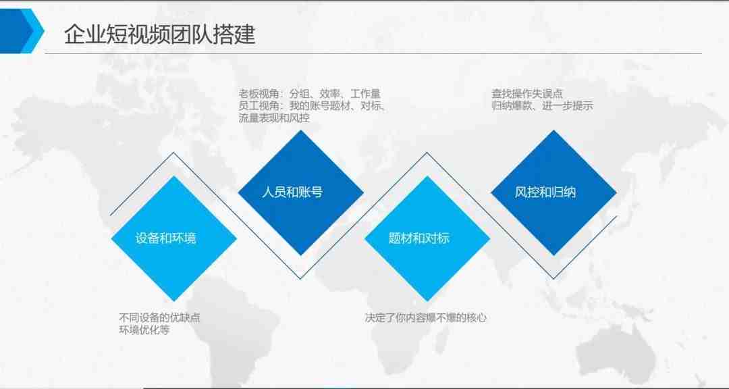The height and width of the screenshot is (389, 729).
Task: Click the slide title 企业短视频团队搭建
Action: click(160, 34)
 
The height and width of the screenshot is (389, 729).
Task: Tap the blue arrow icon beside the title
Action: click(22, 30)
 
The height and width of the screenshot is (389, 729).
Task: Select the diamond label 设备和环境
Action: click(166, 238)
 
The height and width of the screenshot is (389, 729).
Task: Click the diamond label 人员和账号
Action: click(292, 192)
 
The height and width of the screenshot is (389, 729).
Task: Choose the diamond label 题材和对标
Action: click(419, 238)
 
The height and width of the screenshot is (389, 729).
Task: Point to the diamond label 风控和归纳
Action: click(545, 192)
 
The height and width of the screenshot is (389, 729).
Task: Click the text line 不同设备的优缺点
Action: click(160, 318)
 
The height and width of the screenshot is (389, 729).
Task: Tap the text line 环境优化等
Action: click(144, 330)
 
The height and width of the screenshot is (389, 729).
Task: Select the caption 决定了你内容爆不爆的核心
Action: click(426, 318)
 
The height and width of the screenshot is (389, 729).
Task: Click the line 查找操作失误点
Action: click(528, 93)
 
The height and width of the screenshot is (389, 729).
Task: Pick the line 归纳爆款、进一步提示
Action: click(543, 105)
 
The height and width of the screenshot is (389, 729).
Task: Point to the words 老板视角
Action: click(259, 93)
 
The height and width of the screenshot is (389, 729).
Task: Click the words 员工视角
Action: click(259, 105)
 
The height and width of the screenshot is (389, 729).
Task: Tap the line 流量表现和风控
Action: click(274, 118)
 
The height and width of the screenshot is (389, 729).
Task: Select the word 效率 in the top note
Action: click(329, 93)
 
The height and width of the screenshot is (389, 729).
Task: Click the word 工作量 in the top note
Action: click(365, 93)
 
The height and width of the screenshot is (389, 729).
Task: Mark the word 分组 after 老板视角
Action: click(299, 93)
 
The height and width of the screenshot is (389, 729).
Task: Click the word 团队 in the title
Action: click(192, 34)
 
